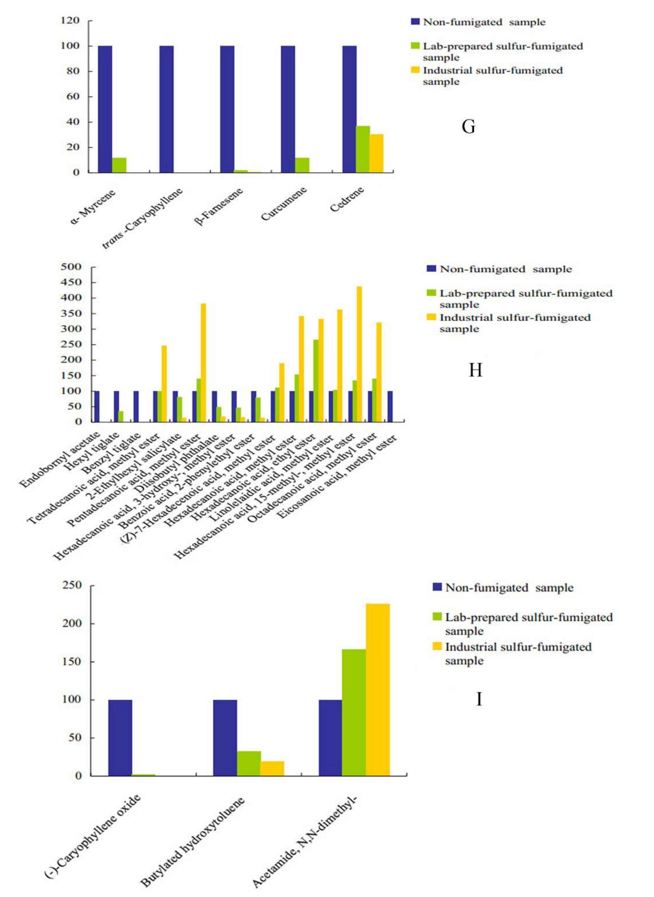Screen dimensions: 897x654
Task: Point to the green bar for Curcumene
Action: click(x=302, y=165)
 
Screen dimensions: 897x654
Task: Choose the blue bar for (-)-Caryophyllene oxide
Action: click(x=120, y=738)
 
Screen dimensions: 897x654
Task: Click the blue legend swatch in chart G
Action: click(x=415, y=21)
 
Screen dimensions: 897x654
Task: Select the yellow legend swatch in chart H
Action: click(x=431, y=317)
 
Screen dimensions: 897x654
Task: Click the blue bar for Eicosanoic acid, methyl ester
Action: click(x=390, y=406)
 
